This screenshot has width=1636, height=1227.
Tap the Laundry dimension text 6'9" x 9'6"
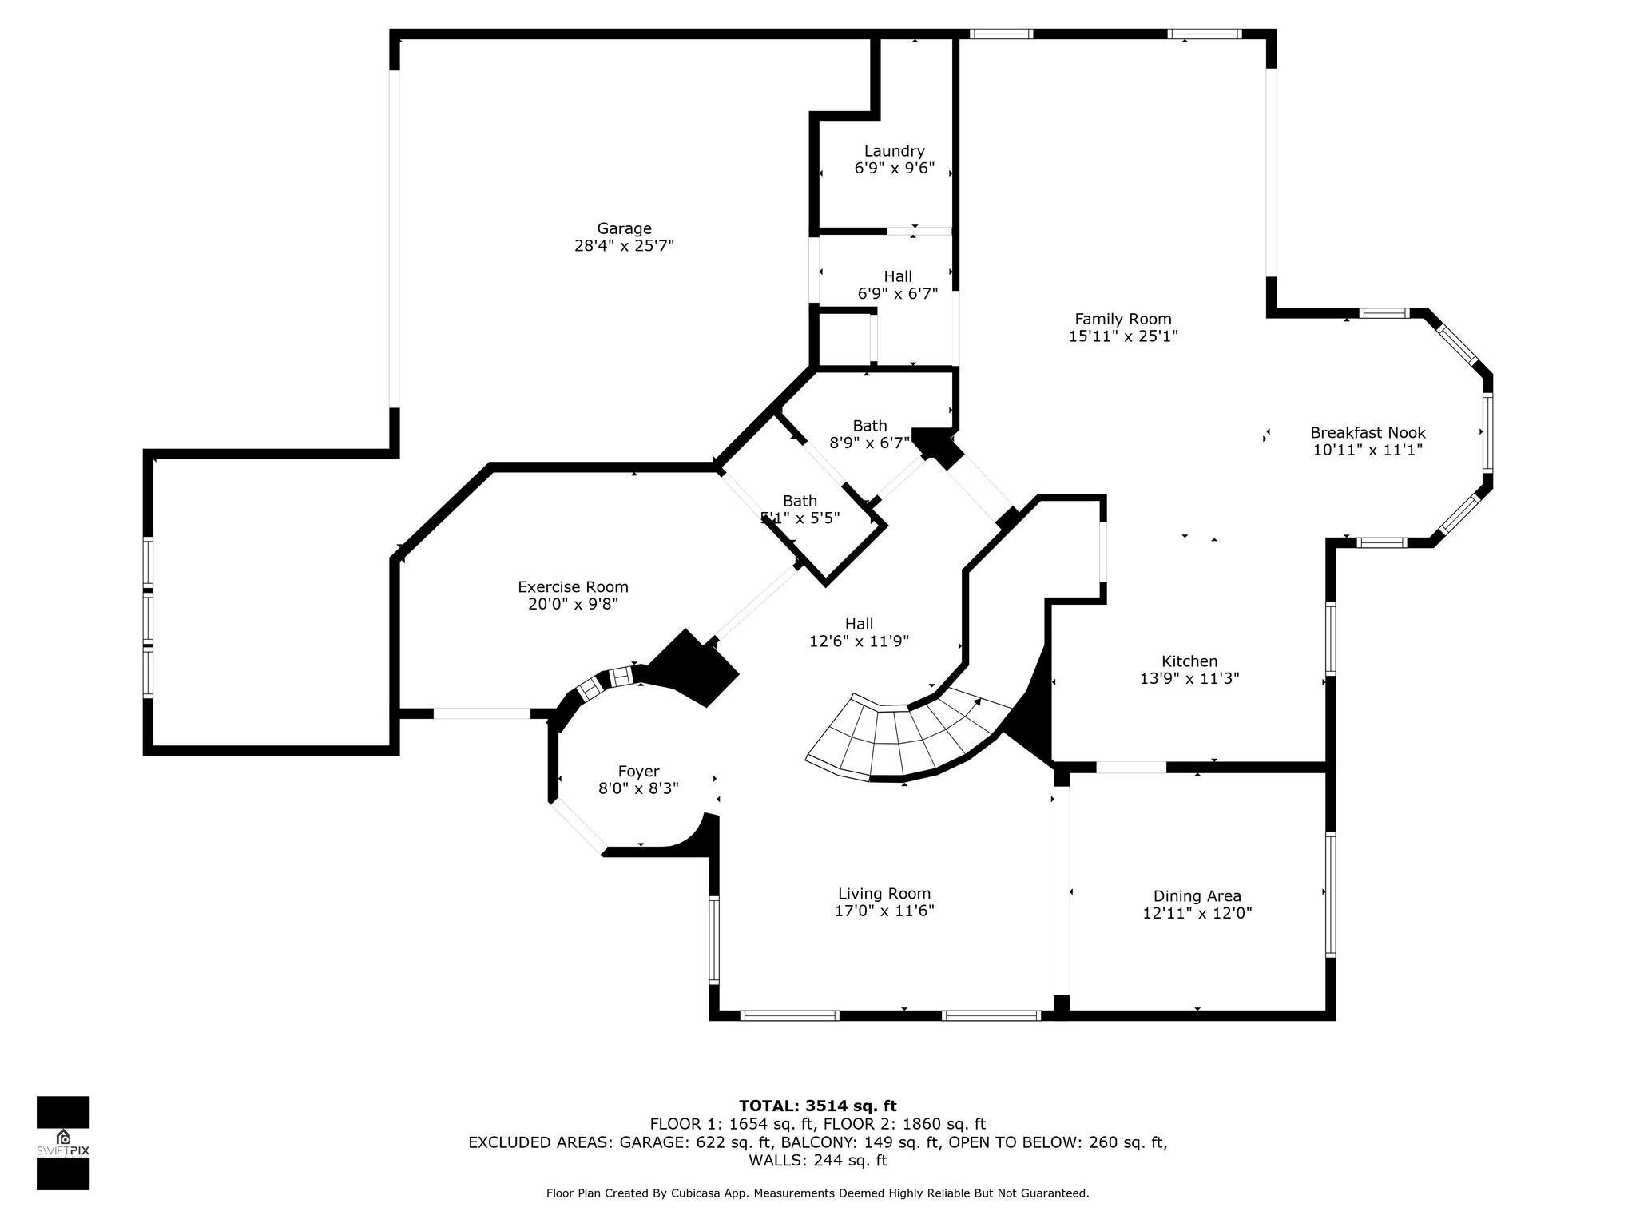click(x=895, y=169)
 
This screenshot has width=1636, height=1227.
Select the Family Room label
click(x=1123, y=328)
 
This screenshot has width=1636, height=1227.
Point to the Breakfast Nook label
click(x=1368, y=441)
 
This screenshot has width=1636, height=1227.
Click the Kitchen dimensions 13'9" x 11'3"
click(x=1189, y=679)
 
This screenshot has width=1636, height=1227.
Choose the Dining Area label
click(x=1197, y=905)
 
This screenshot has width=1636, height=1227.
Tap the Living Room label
click(x=884, y=903)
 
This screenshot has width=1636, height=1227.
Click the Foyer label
click(x=638, y=780)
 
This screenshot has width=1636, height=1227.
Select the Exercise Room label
click(x=573, y=595)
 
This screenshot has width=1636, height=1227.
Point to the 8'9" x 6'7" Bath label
click(x=869, y=434)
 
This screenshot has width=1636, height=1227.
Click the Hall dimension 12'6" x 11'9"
click(x=859, y=641)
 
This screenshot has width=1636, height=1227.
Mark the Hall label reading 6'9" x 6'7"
click(x=898, y=285)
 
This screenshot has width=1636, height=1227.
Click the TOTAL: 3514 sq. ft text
click(x=818, y=1106)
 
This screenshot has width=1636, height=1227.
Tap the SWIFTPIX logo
click(x=63, y=1143)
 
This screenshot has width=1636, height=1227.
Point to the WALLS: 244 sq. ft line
click(x=818, y=1161)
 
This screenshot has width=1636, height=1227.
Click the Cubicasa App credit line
click(x=818, y=1193)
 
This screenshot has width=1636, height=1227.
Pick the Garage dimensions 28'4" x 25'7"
click(x=624, y=246)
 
